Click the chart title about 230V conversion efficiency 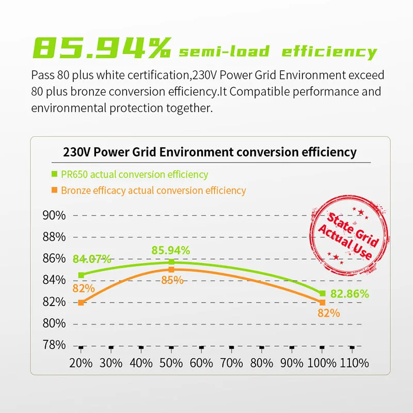click(210, 152)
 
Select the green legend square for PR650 click(54, 174)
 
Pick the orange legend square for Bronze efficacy click(54, 190)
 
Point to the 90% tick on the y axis click(53, 215)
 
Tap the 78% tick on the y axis click(53, 345)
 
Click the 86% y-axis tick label click(53, 258)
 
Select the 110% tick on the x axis click(352, 362)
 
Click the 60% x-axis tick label click(201, 362)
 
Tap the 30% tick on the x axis click(111, 362)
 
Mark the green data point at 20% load click(81, 275)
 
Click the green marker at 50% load click(171, 262)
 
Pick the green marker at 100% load click(322, 293)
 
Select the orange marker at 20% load click(81, 302)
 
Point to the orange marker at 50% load click(171, 269)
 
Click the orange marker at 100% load click(322, 302)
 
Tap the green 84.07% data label click(92, 259)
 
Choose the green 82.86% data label click(350, 294)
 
